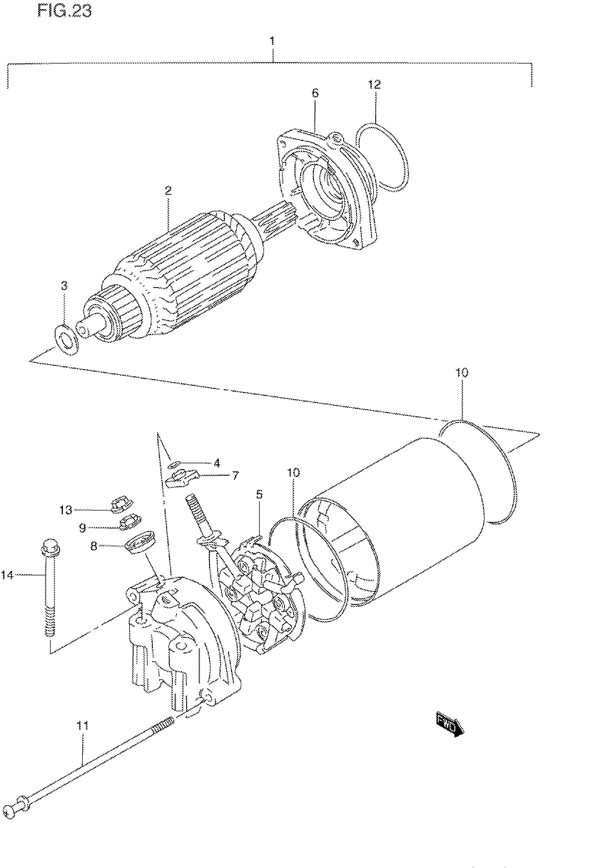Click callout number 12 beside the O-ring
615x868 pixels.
374,84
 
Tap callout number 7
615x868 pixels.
235,476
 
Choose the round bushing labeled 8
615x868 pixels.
139,542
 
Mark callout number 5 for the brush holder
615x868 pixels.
259,494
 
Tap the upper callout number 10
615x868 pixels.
462,373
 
